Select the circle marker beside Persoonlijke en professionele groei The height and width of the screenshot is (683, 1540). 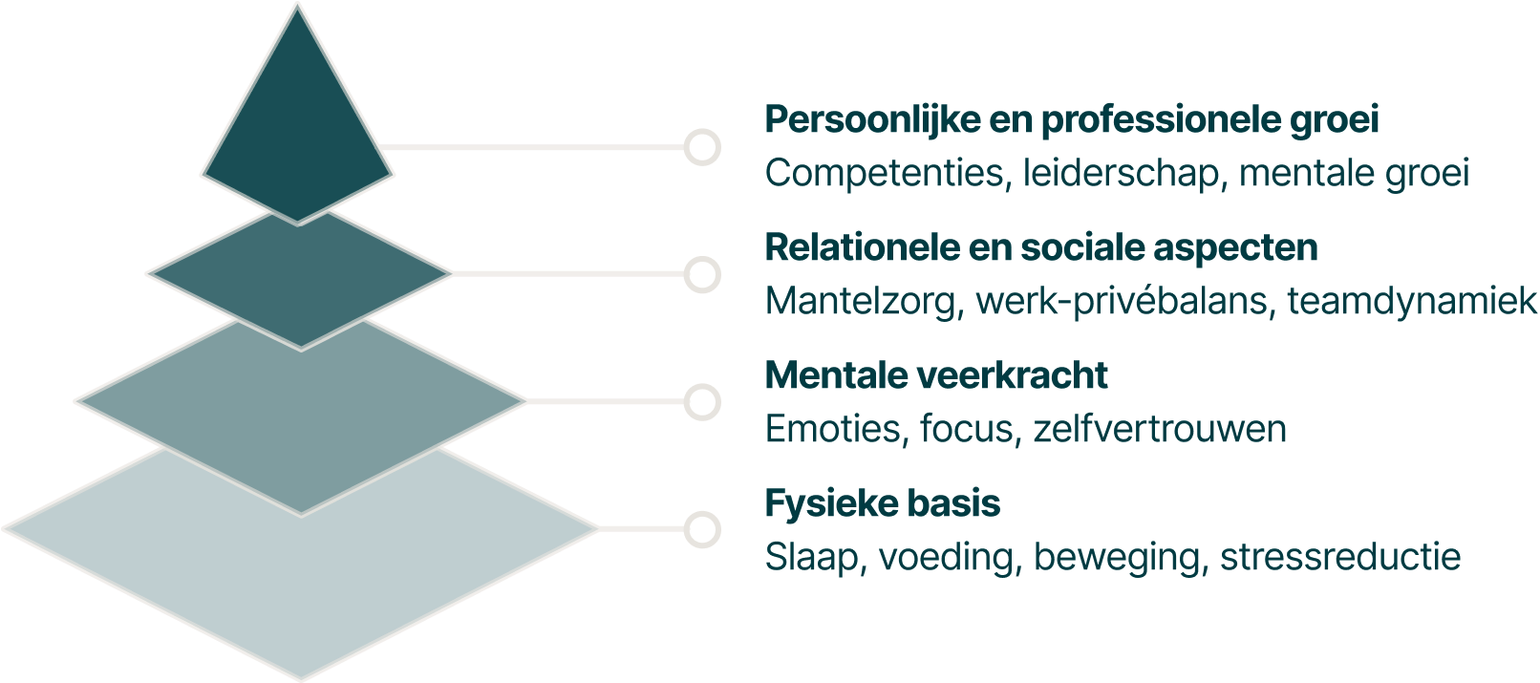(x=702, y=147)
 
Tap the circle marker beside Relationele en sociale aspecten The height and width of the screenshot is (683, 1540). (x=702, y=274)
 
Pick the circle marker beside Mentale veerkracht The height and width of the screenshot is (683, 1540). (x=702, y=402)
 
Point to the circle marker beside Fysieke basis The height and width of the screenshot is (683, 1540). (x=702, y=530)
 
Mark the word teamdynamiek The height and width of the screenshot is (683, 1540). (x=1412, y=302)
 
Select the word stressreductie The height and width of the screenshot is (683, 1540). (x=1340, y=557)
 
